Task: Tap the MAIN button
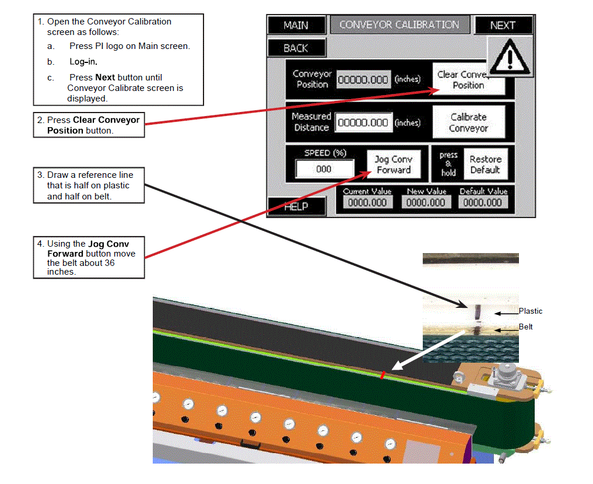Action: pos(296,26)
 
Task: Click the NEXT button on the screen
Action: pos(503,26)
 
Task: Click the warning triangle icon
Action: pos(510,57)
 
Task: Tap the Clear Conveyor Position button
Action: pos(468,80)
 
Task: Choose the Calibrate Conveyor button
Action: pos(468,122)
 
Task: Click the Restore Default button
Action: pos(485,165)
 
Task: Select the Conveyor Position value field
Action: pos(363,80)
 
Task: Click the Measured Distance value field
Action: pos(363,123)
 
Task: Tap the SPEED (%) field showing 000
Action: pos(324,169)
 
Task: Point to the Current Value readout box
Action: pos(367,203)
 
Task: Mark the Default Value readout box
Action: pos(483,203)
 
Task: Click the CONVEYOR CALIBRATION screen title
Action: pos(399,25)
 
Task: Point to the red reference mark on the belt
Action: pos(383,375)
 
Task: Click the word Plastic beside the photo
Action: pos(531,311)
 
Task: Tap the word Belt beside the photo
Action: pos(526,327)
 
